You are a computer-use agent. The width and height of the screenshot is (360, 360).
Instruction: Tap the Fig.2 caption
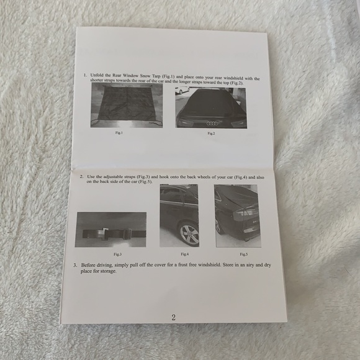pos(211,133)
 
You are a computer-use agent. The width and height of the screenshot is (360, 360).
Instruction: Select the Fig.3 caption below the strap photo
pos(118,254)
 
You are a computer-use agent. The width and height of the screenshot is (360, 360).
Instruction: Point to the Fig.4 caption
pos(184,254)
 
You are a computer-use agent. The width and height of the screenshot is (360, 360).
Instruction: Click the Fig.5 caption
pos(243,254)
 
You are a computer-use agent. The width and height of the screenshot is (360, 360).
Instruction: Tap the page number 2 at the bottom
pos(173,317)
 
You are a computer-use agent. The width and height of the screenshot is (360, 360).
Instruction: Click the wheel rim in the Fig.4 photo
pos(189,235)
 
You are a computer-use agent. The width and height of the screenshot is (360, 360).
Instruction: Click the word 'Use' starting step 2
pos(92,177)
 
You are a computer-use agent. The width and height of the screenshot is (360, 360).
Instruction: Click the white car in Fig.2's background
pos(181,91)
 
